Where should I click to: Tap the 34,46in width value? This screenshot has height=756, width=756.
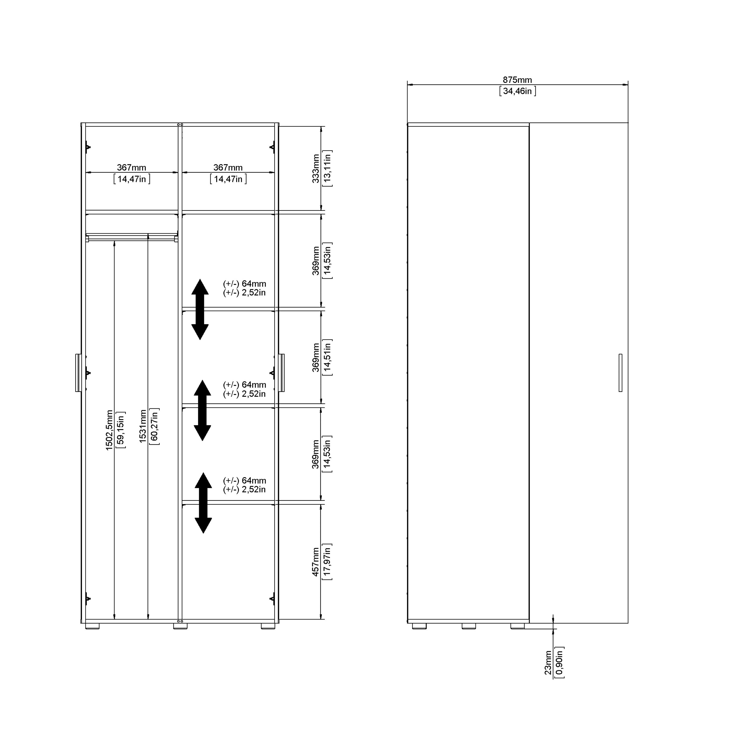(517, 91)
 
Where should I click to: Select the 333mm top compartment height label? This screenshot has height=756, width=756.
(316, 168)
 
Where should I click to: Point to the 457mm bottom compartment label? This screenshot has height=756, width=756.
(316, 561)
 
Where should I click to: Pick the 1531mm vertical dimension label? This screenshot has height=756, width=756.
(143, 427)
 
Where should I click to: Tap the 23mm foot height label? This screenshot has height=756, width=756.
(548, 663)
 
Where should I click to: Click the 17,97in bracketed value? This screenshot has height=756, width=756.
(327, 561)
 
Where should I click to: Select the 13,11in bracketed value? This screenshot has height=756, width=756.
(327, 168)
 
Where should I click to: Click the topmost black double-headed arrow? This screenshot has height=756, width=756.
(200, 309)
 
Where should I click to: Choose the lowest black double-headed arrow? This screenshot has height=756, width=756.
(203, 503)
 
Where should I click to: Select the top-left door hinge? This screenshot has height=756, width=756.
(88, 147)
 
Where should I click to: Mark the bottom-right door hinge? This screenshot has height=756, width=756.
(272, 598)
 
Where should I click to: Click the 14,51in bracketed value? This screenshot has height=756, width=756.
(327, 357)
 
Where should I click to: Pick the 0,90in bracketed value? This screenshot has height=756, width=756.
(559, 663)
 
